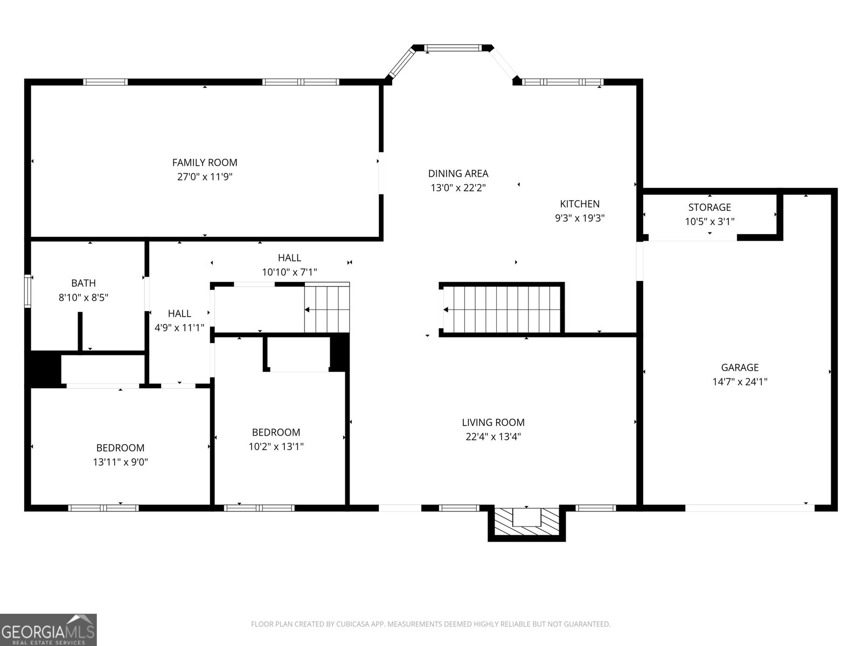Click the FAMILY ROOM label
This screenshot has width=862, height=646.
point(204,162)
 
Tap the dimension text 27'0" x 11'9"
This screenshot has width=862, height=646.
point(204,177)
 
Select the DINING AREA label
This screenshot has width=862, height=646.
point(458,173)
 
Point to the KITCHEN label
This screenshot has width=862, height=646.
point(580,203)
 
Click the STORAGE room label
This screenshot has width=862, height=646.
point(710,207)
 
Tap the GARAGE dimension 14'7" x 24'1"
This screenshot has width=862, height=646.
point(740,382)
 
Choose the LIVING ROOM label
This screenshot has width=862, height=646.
point(493,423)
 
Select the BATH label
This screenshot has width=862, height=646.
point(84,283)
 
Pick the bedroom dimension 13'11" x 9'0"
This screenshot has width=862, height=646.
point(120,462)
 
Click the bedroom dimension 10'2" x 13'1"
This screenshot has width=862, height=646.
point(276,446)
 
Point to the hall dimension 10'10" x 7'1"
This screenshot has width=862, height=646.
point(289,272)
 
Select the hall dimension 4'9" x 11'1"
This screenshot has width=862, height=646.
point(179,327)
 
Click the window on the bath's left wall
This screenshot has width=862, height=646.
point(27,291)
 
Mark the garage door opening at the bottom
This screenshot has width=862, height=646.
point(749,508)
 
